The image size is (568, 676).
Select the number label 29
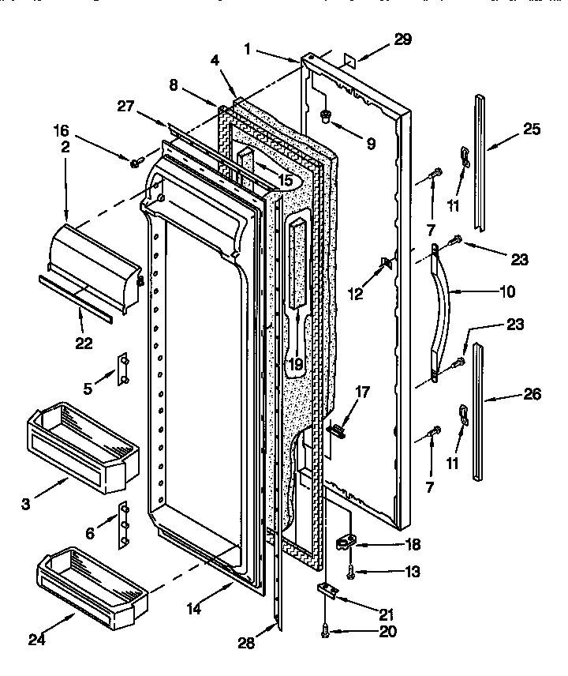pyautogui.click(x=402, y=40)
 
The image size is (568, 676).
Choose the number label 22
pyautogui.click(x=84, y=343)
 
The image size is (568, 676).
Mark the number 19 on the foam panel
pyautogui.click(x=296, y=364)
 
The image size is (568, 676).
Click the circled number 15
pyautogui.click(x=285, y=180)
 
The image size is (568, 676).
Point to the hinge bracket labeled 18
pyautogui.click(x=345, y=543)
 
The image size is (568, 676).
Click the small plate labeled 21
pyautogui.click(x=327, y=588)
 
